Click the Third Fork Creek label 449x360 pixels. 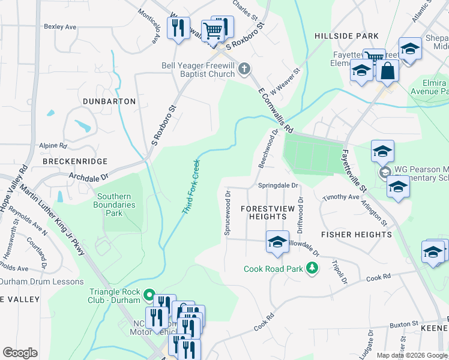click(190, 187)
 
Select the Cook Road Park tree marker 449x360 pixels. click(312, 268)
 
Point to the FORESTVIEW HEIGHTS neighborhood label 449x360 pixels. click(263, 212)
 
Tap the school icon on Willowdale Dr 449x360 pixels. click(277, 241)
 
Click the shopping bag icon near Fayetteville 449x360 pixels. click(388, 70)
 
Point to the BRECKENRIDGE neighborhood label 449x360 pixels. click(75, 161)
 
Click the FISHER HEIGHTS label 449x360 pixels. click(357, 234)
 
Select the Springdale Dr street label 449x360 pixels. click(278, 185)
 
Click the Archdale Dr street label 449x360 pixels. click(88, 177)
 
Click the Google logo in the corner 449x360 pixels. click(20, 352)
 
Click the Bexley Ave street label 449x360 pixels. click(60, 27)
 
